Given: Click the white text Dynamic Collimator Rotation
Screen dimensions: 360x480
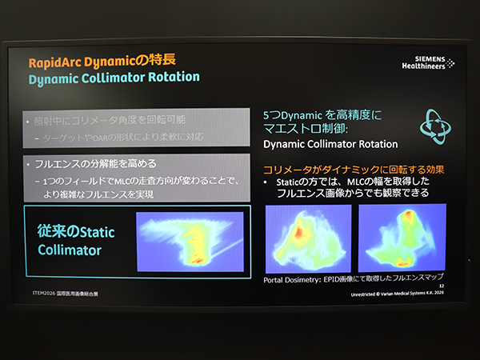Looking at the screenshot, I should click(330, 144).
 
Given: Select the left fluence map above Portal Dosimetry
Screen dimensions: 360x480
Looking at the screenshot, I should click(307, 238).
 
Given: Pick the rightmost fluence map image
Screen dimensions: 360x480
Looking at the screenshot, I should click(399, 238).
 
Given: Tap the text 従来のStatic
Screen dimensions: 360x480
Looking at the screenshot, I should click(77, 231).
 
